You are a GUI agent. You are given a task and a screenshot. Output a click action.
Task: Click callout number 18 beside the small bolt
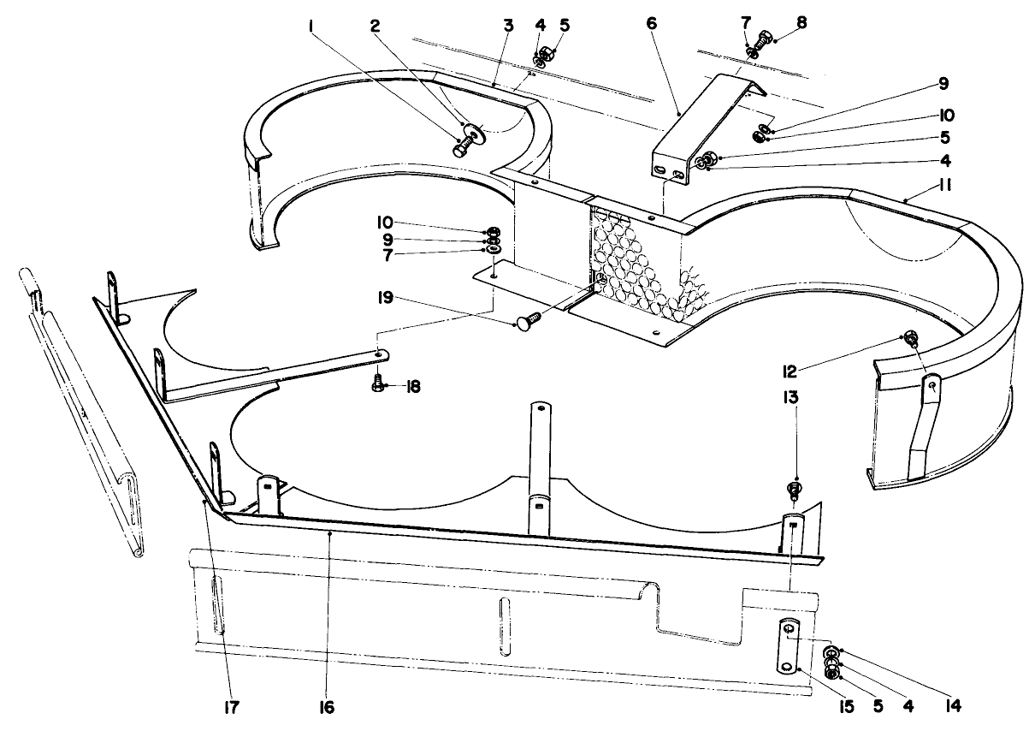tap(415, 387)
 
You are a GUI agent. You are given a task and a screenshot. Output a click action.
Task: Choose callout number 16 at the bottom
tap(327, 708)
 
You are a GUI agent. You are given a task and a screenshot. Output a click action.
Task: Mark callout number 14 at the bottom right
tap(953, 707)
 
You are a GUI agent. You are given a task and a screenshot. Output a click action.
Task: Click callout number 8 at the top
tap(800, 22)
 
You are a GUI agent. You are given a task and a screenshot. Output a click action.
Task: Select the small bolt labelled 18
tap(377, 385)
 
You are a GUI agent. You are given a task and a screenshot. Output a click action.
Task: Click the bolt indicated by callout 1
tap(462, 146)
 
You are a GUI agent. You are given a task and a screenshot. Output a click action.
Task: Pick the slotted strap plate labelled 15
tap(789, 648)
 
